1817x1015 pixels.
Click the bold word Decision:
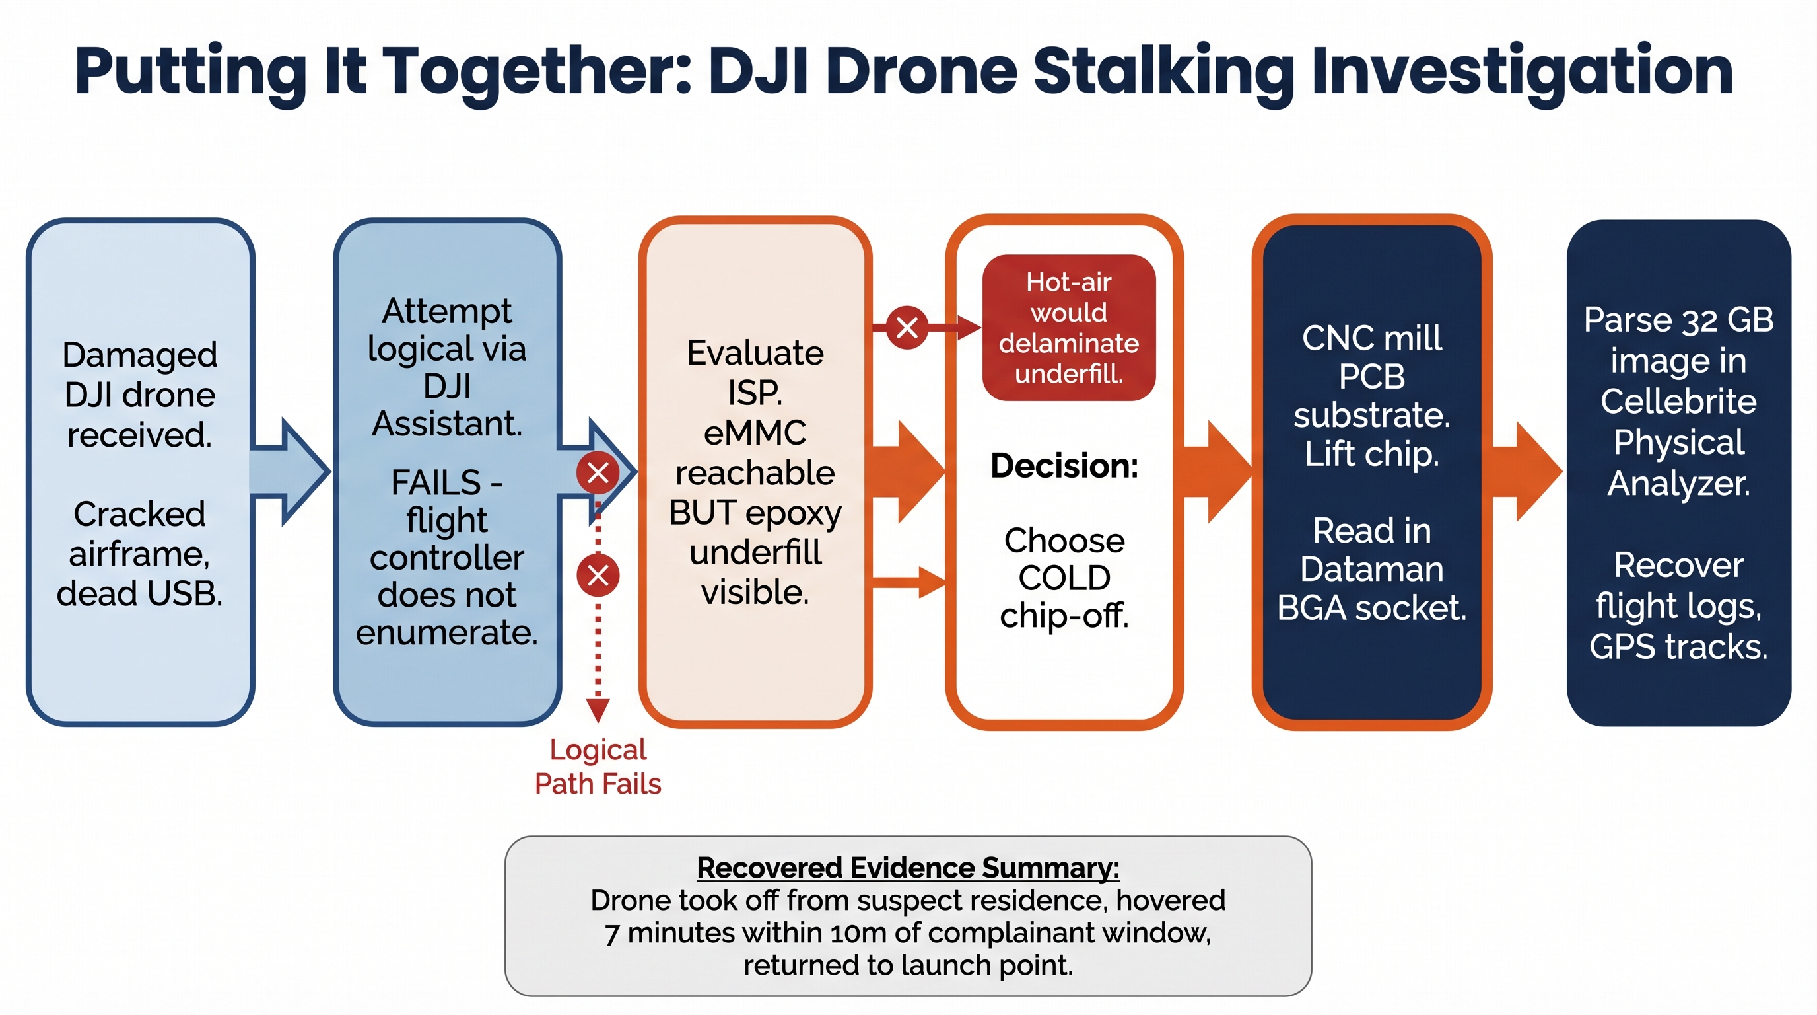point(1064,466)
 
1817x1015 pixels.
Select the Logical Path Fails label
point(598,767)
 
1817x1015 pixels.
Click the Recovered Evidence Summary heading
point(908,868)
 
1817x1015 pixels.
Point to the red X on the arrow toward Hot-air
point(907,328)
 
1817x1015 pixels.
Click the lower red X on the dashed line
point(598,576)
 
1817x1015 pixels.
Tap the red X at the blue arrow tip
point(598,472)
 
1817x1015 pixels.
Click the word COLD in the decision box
point(1064,578)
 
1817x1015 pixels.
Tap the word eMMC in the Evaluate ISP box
point(755,433)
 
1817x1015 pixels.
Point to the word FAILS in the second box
point(436,483)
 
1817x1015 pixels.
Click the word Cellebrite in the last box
point(1678,402)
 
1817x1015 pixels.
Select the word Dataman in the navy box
point(1371,569)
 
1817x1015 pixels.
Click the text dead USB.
point(140,593)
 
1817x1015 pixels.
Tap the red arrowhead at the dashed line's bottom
point(598,709)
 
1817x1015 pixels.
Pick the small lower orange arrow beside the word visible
point(910,582)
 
